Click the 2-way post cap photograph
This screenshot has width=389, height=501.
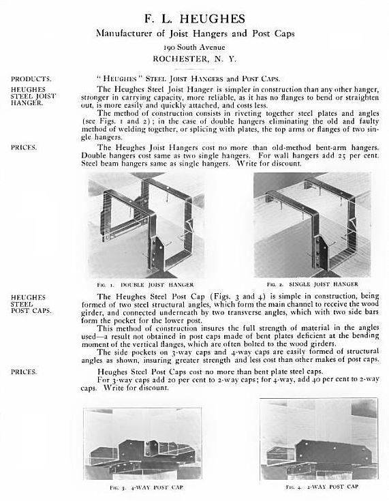[x=318, y=440]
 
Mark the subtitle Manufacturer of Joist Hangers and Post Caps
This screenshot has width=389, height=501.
[x=195, y=32]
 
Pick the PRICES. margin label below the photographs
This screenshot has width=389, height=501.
[x=24, y=371]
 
